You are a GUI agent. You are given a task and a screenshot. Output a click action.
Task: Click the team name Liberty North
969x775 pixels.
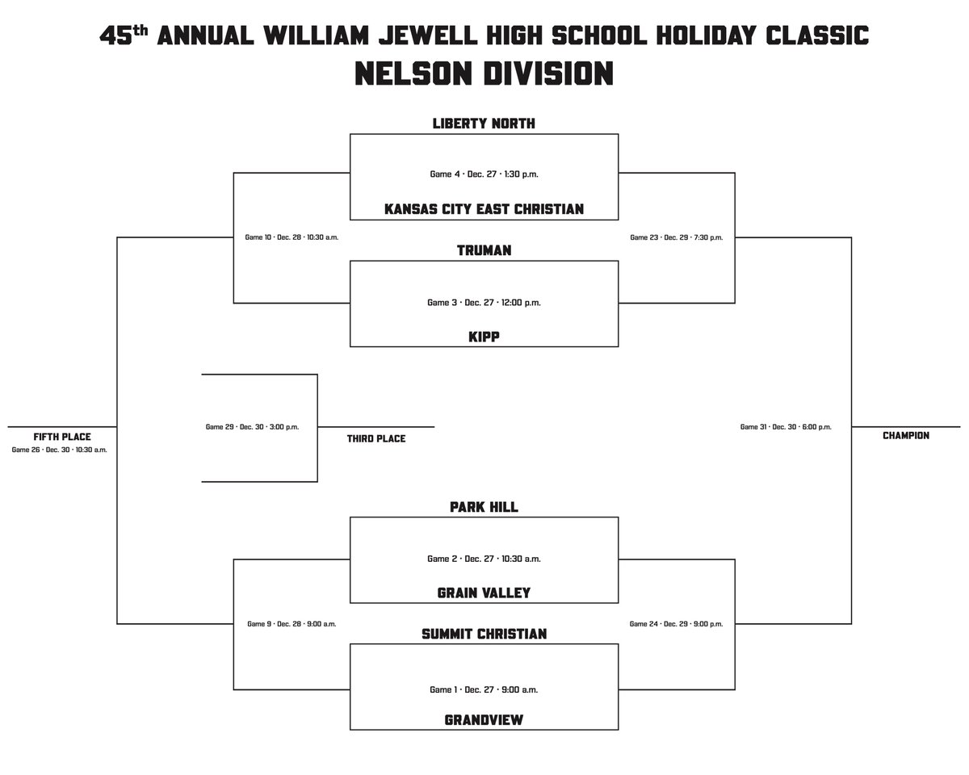[x=484, y=124]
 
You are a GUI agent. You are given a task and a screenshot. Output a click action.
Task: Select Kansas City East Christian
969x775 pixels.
[x=484, y=210]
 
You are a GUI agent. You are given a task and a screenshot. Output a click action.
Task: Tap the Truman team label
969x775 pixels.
[x=484, y=251]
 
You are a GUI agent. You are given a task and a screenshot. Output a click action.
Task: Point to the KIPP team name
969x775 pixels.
[x=484, y=337]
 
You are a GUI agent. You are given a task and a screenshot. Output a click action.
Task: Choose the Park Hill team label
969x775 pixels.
[x=484, y=507]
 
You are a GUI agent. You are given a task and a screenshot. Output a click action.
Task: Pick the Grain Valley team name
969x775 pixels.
[x=484, y=593]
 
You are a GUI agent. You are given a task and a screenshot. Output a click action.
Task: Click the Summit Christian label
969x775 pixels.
[x=484, y=635]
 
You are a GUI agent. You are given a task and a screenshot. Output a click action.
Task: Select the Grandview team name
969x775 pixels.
[x=484, y=720]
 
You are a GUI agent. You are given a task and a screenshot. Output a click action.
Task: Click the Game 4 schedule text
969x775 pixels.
[x=484, y=174]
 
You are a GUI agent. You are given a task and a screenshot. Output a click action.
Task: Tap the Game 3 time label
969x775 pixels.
[x=484, y=303]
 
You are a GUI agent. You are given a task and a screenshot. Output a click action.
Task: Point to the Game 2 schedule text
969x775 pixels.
[x=484, y=559]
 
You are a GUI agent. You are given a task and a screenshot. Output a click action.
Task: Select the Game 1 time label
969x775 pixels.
[x=484, y=689]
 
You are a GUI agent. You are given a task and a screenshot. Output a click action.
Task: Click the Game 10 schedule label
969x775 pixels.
[x=291, y=237]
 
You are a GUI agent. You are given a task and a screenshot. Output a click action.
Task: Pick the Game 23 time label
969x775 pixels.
[x=676, y=237]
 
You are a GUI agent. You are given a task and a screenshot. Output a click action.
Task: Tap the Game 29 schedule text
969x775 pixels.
[x=252, y=427]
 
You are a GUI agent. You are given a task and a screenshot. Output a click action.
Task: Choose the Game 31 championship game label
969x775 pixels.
[x=786, y=427]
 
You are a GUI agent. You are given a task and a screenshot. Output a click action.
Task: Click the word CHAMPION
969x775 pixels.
[x=905, y=436]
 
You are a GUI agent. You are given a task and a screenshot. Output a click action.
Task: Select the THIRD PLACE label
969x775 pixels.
[x=376, y=439]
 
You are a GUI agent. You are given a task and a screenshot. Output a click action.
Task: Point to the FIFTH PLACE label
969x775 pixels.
[x=62, y=437]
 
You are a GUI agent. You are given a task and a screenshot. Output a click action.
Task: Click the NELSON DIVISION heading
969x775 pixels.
[x=484, y=74]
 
